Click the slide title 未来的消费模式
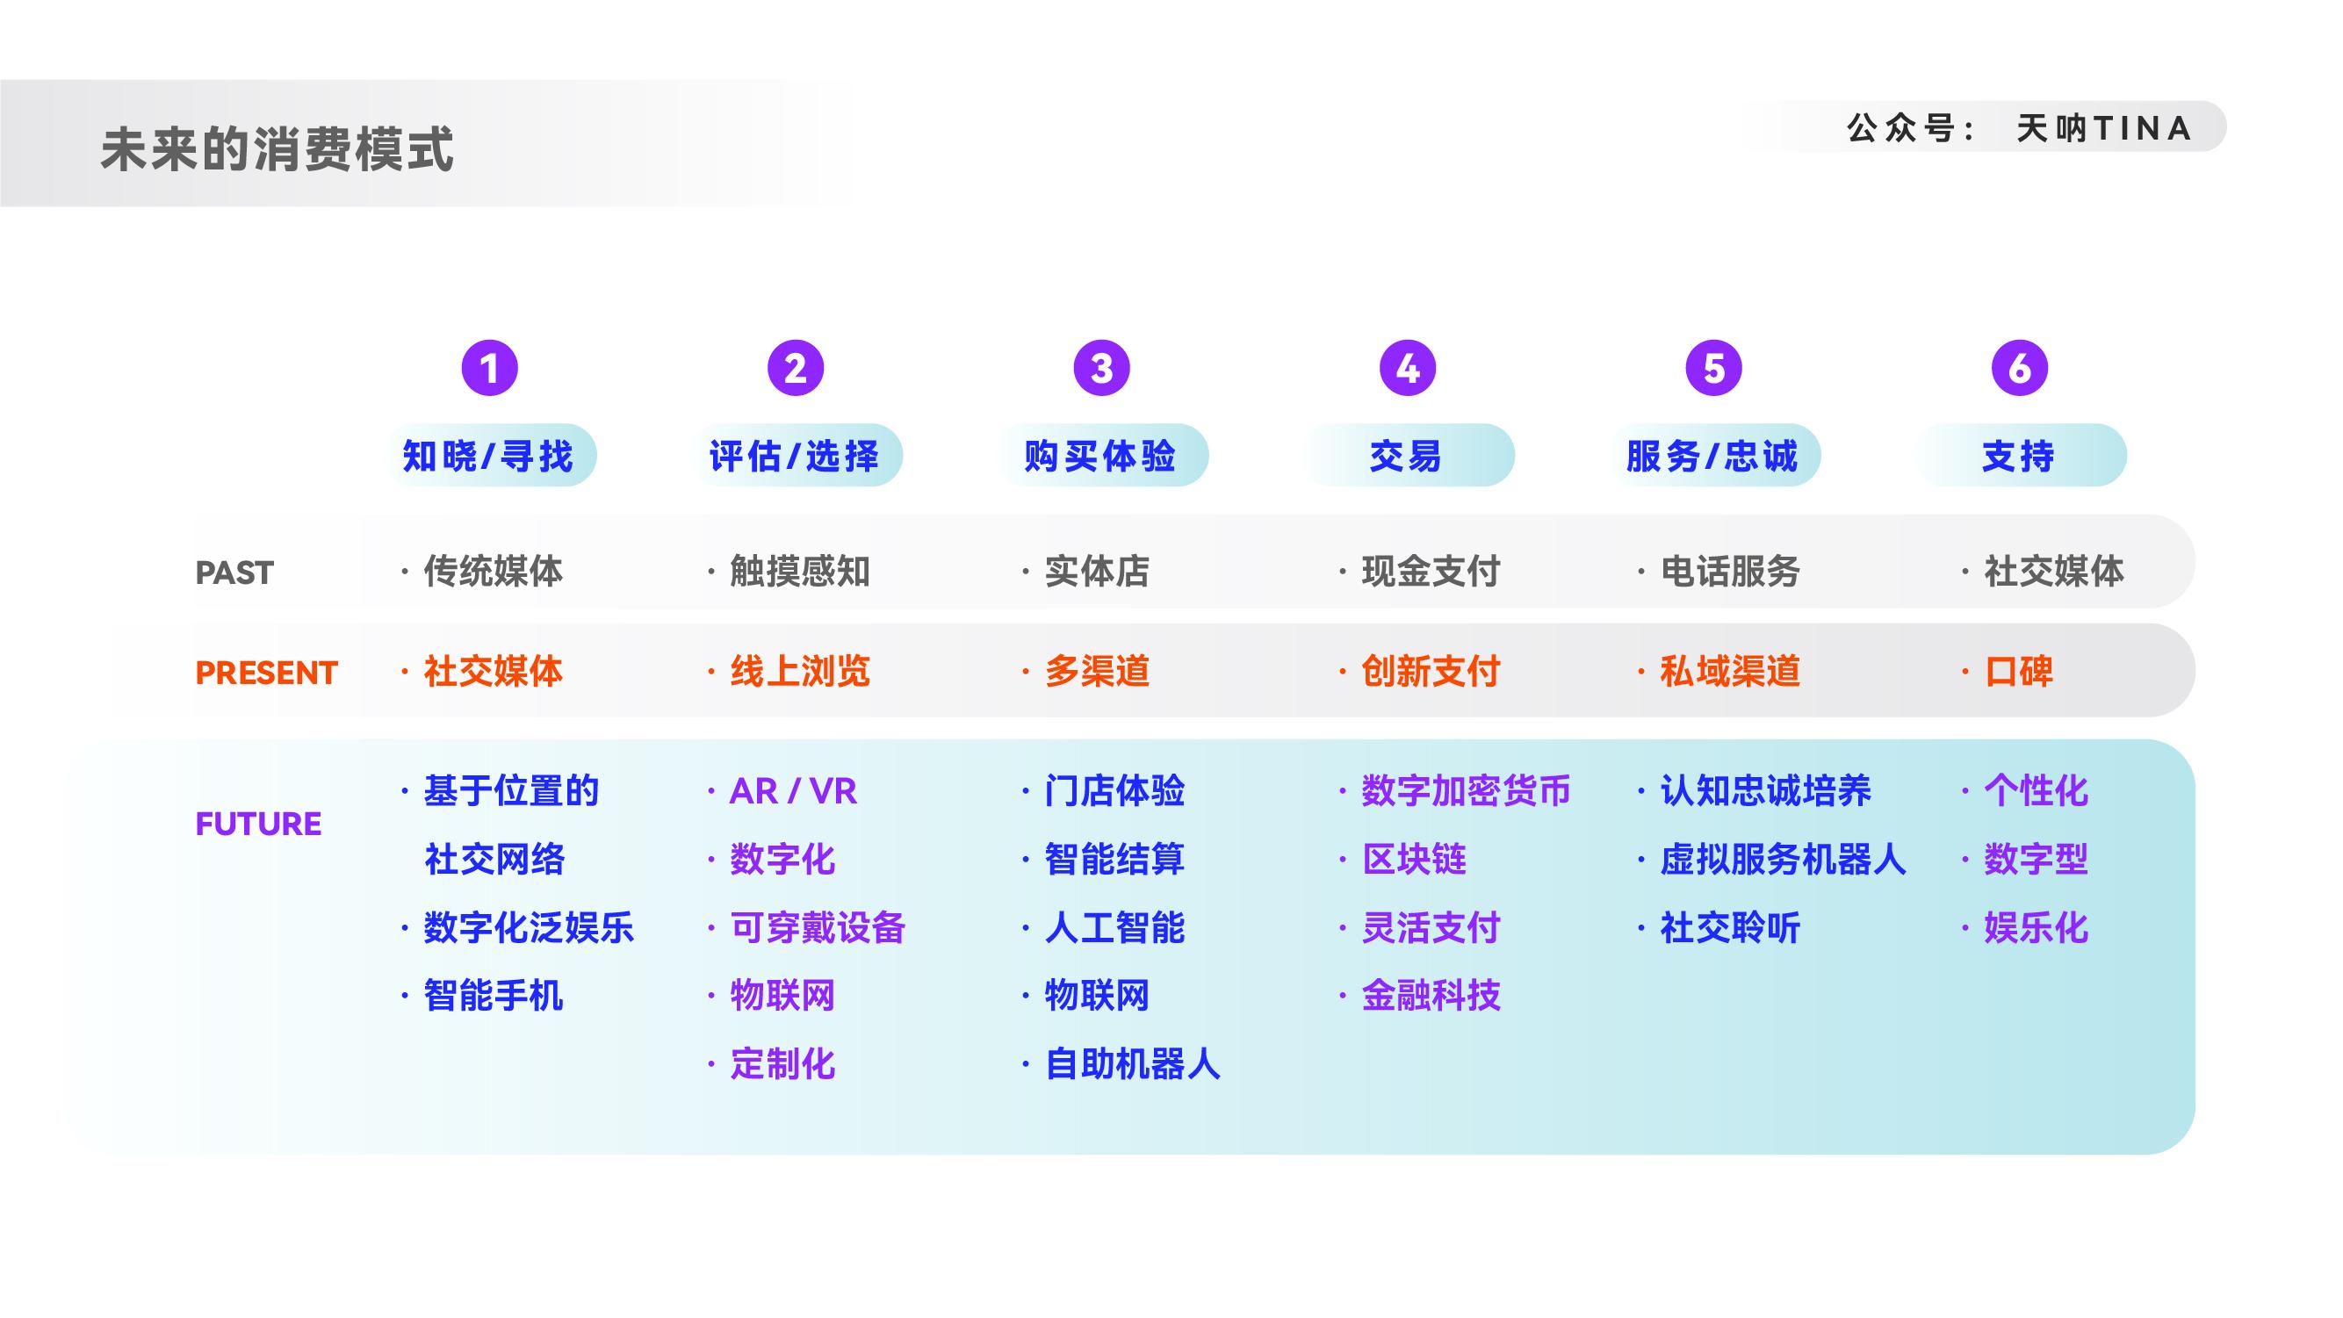click(x=277, y=149)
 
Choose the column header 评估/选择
click(x=795, y=455)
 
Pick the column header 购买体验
click(x=1100, y=455)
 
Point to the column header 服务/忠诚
click(x=1712, y=455)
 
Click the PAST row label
click(x=234, y=573)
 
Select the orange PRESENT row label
click(x=266, y=673)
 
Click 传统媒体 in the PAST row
click(x=493, y=572)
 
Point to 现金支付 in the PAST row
click(x=1430, y=572)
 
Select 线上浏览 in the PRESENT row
click(x=799, y=671)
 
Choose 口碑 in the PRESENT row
click(x=2018, y=671)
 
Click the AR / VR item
click(x=793, y=791)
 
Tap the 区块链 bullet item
click(x=1414, y=859)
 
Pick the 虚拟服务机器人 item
click(x=1782, y=859)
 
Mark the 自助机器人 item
click(x=1132, y=1063)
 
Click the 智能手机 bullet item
click(x=493, y=995)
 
